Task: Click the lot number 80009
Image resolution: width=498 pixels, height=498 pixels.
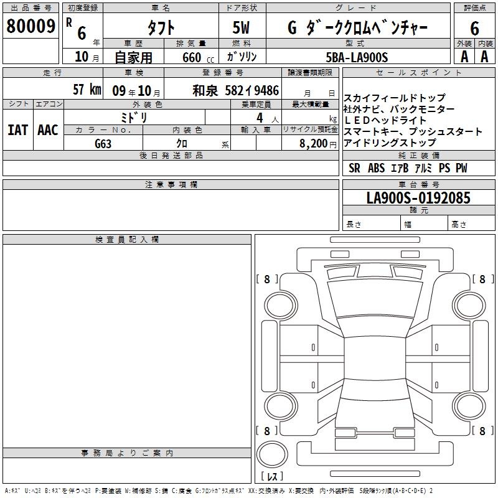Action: click(31, 26)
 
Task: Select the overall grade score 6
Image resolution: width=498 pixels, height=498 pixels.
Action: click(474, 28)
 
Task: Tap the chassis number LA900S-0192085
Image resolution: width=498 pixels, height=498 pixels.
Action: click(418, 198)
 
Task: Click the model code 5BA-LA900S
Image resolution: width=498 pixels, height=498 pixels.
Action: click(357, 57)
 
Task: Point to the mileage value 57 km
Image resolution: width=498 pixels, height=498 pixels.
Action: click(87, 89)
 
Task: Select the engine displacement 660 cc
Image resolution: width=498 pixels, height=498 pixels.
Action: click(198, 58)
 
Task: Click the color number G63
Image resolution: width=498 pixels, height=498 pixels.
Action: click(103, 144)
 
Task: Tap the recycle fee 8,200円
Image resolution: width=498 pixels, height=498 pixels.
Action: click(318, 144)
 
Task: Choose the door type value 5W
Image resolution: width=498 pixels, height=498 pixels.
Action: click(241, 28)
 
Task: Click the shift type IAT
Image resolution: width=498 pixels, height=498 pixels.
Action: click(18, 130)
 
